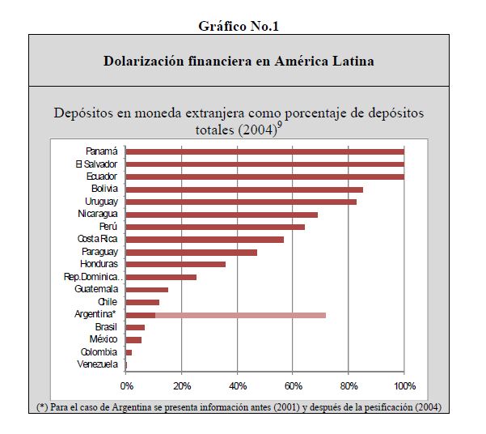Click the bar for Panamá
click(264, 151)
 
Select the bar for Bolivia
click(244, 189)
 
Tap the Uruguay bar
click(241, 202)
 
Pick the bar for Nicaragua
click(222, 215)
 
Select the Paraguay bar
click(191, 252)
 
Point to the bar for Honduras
click(175, 264)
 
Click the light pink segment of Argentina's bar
click(240, 314)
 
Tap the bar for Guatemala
click(146, 289)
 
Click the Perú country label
click(108, 227)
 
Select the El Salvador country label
click(96, 164)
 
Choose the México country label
click(104, 339)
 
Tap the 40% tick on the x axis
click(237, 385)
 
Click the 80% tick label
click(349, 385)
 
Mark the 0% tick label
click(126, 385)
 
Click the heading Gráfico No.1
click(239, 26)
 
